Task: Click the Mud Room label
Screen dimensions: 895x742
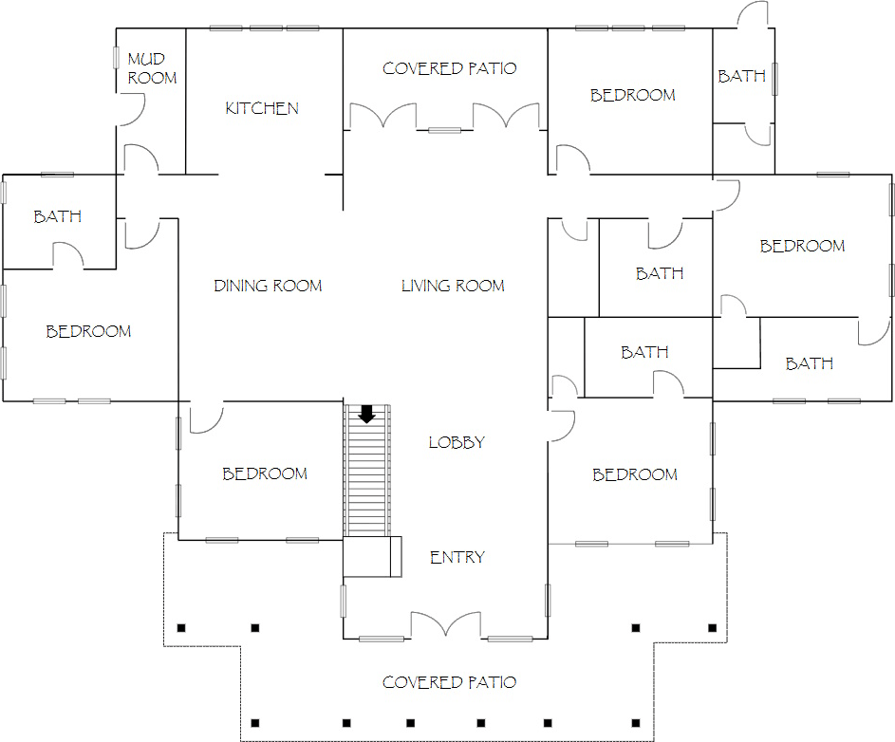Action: (x=152, y=68)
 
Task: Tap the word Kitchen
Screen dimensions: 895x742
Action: (x=262, y=108)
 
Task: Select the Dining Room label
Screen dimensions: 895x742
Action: (x=268, y=286)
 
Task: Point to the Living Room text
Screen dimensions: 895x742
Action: (x=453, y=286)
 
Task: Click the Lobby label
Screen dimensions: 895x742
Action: (x=457, y=442)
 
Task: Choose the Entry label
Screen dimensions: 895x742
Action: (x=457, y=557)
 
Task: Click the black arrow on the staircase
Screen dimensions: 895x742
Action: (x=366, y=414)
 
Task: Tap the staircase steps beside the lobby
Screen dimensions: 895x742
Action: (x=367, y=471)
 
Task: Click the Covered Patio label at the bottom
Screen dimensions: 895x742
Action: (x=449, y=682)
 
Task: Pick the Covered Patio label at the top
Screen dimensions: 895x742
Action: (x=449, y=68)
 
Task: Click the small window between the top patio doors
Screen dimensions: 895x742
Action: (x=444, y=131)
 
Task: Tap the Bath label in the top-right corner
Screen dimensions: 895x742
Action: (x=741, y=76)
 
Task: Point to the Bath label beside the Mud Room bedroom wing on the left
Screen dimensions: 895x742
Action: (x=57, y=216)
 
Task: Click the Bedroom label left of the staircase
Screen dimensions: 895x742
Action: (x=265, y=473)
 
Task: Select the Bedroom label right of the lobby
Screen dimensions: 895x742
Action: (x=635, y=474)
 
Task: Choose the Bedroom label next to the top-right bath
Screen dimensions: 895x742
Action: (x=632, y=95)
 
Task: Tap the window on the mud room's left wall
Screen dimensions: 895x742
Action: (x=116, y=58)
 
